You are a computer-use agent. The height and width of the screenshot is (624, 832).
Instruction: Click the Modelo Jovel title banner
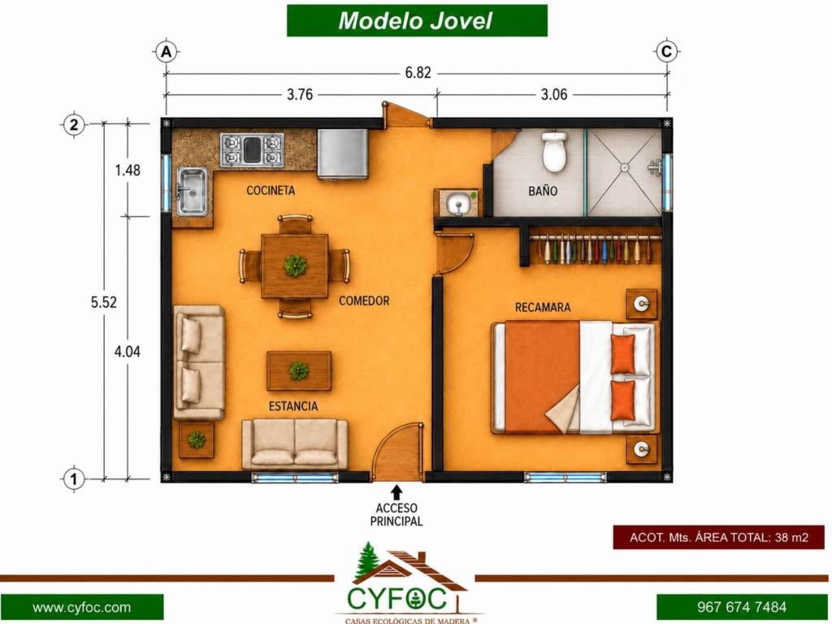click(417, 20)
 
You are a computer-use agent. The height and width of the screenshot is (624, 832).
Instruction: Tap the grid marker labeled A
click(166, 52)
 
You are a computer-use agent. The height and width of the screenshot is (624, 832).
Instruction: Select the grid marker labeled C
click(666, 52)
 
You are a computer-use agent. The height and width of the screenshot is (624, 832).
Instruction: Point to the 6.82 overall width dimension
click(418, 72)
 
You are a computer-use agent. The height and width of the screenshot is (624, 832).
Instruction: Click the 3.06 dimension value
click(554, 94)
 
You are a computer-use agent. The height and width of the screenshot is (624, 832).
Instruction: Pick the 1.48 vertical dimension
click(128, 171)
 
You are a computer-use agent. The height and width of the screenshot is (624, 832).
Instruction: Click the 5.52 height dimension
click(103, 302)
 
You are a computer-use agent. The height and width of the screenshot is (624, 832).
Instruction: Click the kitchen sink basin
click(192, 192)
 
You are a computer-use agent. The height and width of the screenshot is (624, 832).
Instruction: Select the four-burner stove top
click(252, 150)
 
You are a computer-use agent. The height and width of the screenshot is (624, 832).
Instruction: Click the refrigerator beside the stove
click(343, 154)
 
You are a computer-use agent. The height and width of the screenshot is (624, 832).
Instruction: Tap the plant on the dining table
click(295, 266)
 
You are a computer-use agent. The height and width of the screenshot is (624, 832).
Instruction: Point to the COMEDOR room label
click(364, 301)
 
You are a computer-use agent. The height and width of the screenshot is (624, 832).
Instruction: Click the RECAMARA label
click(543, 307)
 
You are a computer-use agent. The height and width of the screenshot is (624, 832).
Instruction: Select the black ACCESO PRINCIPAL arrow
click(396, 492)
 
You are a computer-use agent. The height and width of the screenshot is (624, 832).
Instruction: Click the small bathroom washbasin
click(457, 203)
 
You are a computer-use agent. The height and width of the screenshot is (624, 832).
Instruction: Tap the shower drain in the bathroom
click(625, 167)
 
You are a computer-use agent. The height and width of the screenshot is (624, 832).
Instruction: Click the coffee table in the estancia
click(299, 370)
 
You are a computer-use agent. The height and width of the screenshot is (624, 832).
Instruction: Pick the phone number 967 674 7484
click(742, 607)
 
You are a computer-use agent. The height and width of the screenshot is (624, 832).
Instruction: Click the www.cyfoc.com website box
click(82, 608)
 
